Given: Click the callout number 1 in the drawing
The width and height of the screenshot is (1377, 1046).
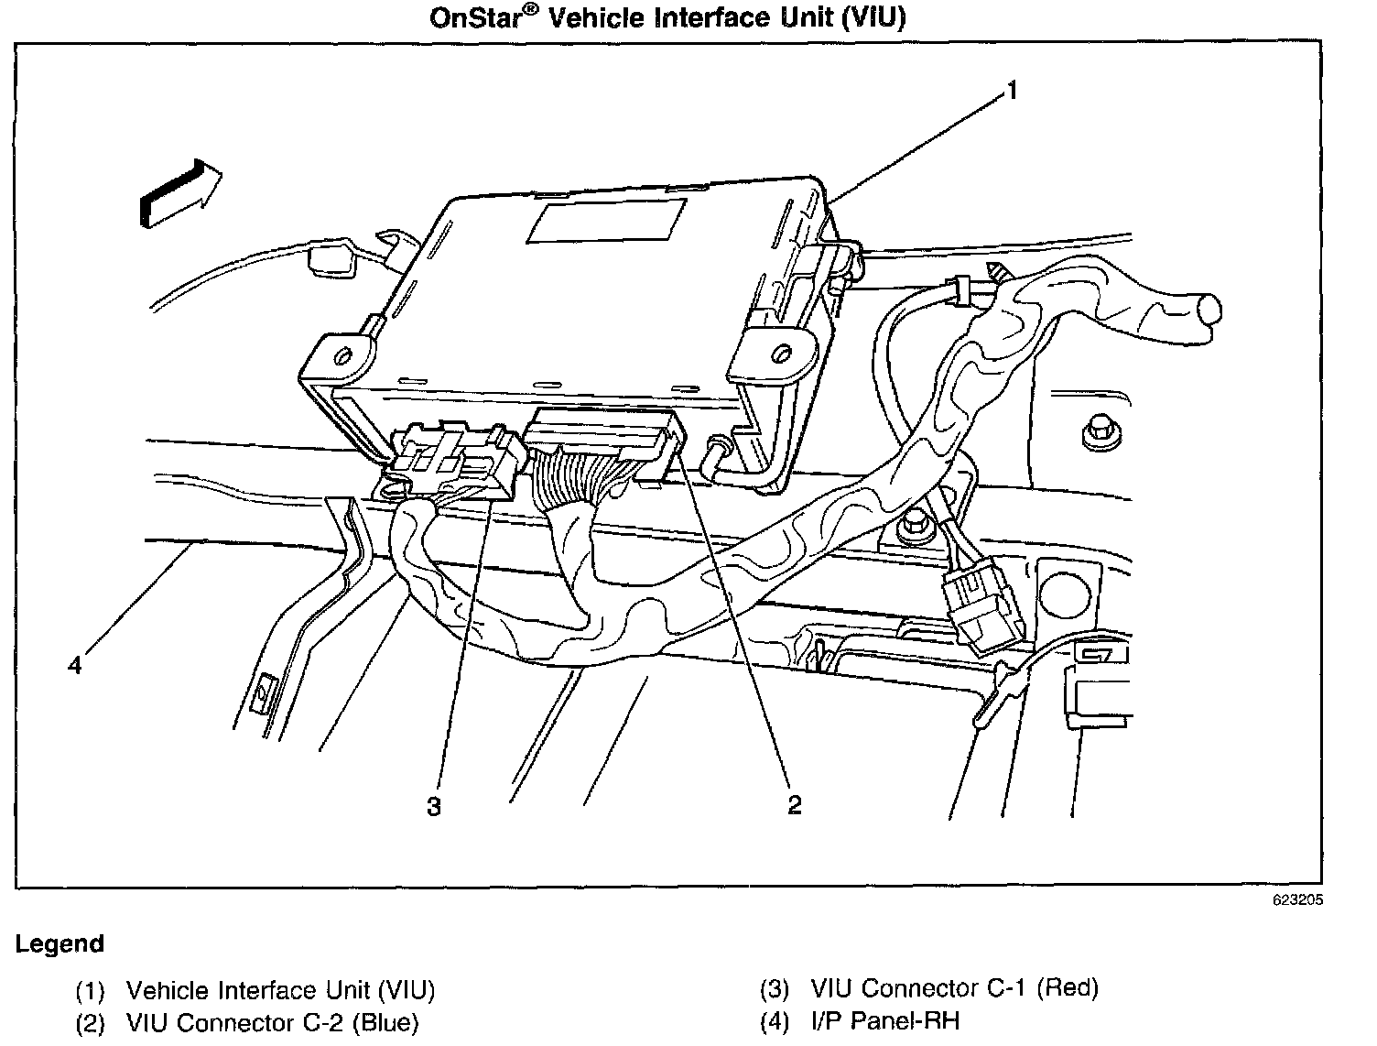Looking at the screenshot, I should pos(1012,90).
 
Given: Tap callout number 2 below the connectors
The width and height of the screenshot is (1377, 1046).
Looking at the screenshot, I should pos(794,804).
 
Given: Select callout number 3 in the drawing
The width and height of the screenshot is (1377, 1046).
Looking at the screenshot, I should pos(433,806).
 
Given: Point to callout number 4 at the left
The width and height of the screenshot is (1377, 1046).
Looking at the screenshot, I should pos(75,665).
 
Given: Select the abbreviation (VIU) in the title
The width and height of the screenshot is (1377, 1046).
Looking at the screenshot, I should pos(872,18).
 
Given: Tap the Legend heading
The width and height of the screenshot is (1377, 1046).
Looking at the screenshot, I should pos(60,943).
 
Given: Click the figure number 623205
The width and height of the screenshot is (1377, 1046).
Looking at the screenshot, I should pos(1297,899).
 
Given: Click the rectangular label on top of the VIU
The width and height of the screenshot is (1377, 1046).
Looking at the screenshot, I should pos(608,223).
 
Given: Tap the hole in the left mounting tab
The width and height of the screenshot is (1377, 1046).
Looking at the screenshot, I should pos(344,355).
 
